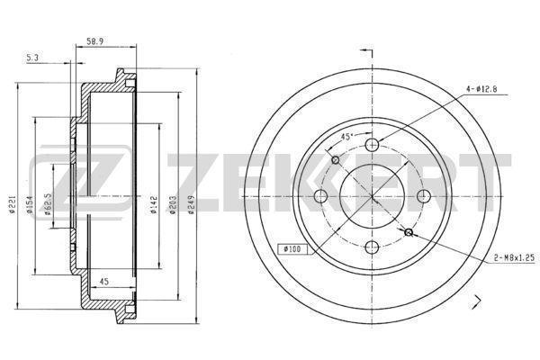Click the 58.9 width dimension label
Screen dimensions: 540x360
pyautogui.click(x=95, y=41)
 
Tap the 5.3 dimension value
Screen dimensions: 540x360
pyautogui.click(x=32, y=58)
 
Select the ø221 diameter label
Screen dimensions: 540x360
pyautogui.click(x=12, y=204)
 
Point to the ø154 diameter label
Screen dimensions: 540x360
pyautogui.click(x=30, y=204)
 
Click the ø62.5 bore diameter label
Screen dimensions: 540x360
pyautogui.click(x=48, y=204)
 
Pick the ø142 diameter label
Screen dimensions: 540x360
pyautogui.click(x=154, y=205)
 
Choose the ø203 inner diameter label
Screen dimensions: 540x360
pyautogui.click(x=173, y=205)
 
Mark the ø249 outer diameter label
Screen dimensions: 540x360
pyautogui.click(x=192, y=205)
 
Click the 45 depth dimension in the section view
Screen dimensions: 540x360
pyautogui.click(x=103, y=282)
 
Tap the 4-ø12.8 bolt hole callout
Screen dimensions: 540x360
pyautogui.click(x=481, y=89)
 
